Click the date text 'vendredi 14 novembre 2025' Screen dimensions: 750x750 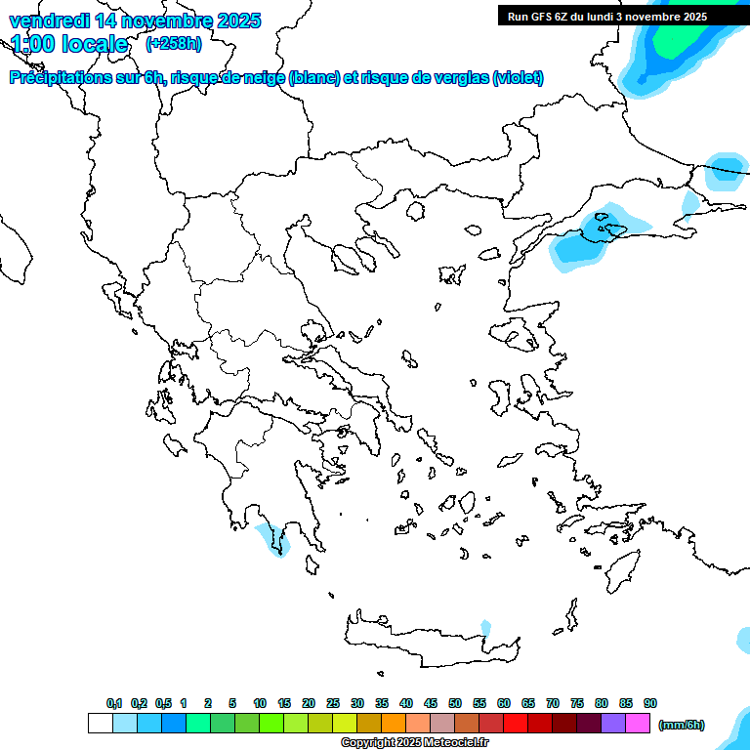(135, 21)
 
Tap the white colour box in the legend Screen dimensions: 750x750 (100, 724)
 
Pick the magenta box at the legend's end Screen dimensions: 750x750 (638, 724)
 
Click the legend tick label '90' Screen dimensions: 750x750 (650, 703)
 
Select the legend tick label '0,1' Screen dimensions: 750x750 (114, 703)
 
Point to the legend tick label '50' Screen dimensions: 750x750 (455, 703)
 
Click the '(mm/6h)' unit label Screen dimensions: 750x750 (682, 725)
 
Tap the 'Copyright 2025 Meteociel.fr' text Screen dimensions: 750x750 (414, 742)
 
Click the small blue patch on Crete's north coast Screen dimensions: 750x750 (485, 627)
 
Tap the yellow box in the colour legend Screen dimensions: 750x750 (345, 724)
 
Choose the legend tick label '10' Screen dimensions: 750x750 (260, 703)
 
